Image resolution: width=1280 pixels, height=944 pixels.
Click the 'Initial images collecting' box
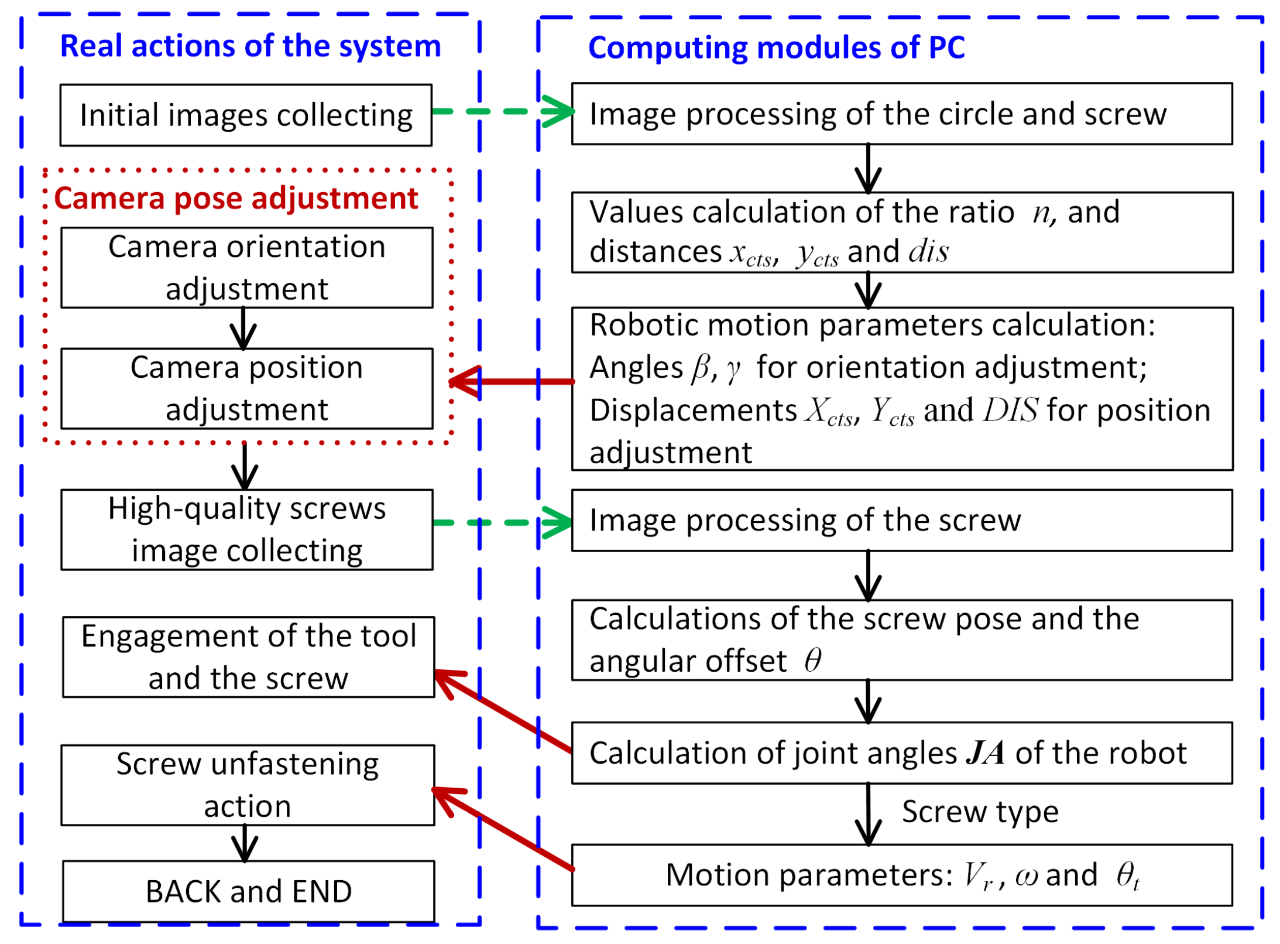click(x=246, y=115)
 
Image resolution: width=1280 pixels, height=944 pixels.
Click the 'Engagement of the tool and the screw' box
click(x=249, y=656)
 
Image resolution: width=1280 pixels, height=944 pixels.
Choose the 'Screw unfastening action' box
click(x=248, y=785)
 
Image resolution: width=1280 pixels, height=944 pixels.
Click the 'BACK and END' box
click(x=249, y=891)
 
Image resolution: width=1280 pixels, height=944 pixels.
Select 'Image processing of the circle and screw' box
click(x=901, y=114)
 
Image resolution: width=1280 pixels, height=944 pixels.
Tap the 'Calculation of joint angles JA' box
click(x=901, y=753)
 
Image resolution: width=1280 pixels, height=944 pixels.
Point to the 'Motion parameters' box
click(x=901, y=875)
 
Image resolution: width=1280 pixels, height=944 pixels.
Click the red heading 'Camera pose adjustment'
click(x=236, y=198)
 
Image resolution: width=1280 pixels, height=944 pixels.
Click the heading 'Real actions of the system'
click(x=250, y=46)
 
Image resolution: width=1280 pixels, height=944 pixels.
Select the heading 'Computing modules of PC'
click(x=776, y=47)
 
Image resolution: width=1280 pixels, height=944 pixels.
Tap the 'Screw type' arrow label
click(x=980, y=811)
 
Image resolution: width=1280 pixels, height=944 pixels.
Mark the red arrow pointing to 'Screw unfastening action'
click(x=503, y=829)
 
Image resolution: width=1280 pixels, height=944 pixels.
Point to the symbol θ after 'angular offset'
click(x=812, y=660)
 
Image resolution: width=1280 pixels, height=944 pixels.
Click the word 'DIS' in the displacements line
click(x=1011, y=410)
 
